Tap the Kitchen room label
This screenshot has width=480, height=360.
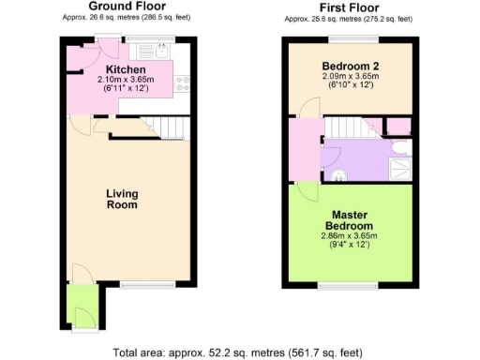tap(125, 69)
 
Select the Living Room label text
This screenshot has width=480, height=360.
tap(122, 199)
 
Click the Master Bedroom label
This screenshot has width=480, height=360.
tap(349, 220)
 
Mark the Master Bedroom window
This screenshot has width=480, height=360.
tap(349, 283)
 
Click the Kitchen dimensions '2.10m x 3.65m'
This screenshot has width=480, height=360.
tap(125, 81)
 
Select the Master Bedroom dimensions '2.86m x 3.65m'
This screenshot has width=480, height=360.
tap(349, 238)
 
